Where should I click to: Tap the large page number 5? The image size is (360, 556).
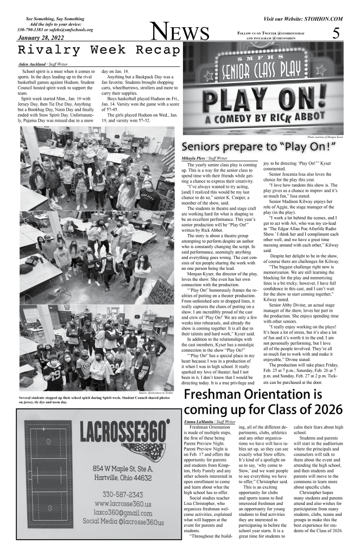coord(336,34)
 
